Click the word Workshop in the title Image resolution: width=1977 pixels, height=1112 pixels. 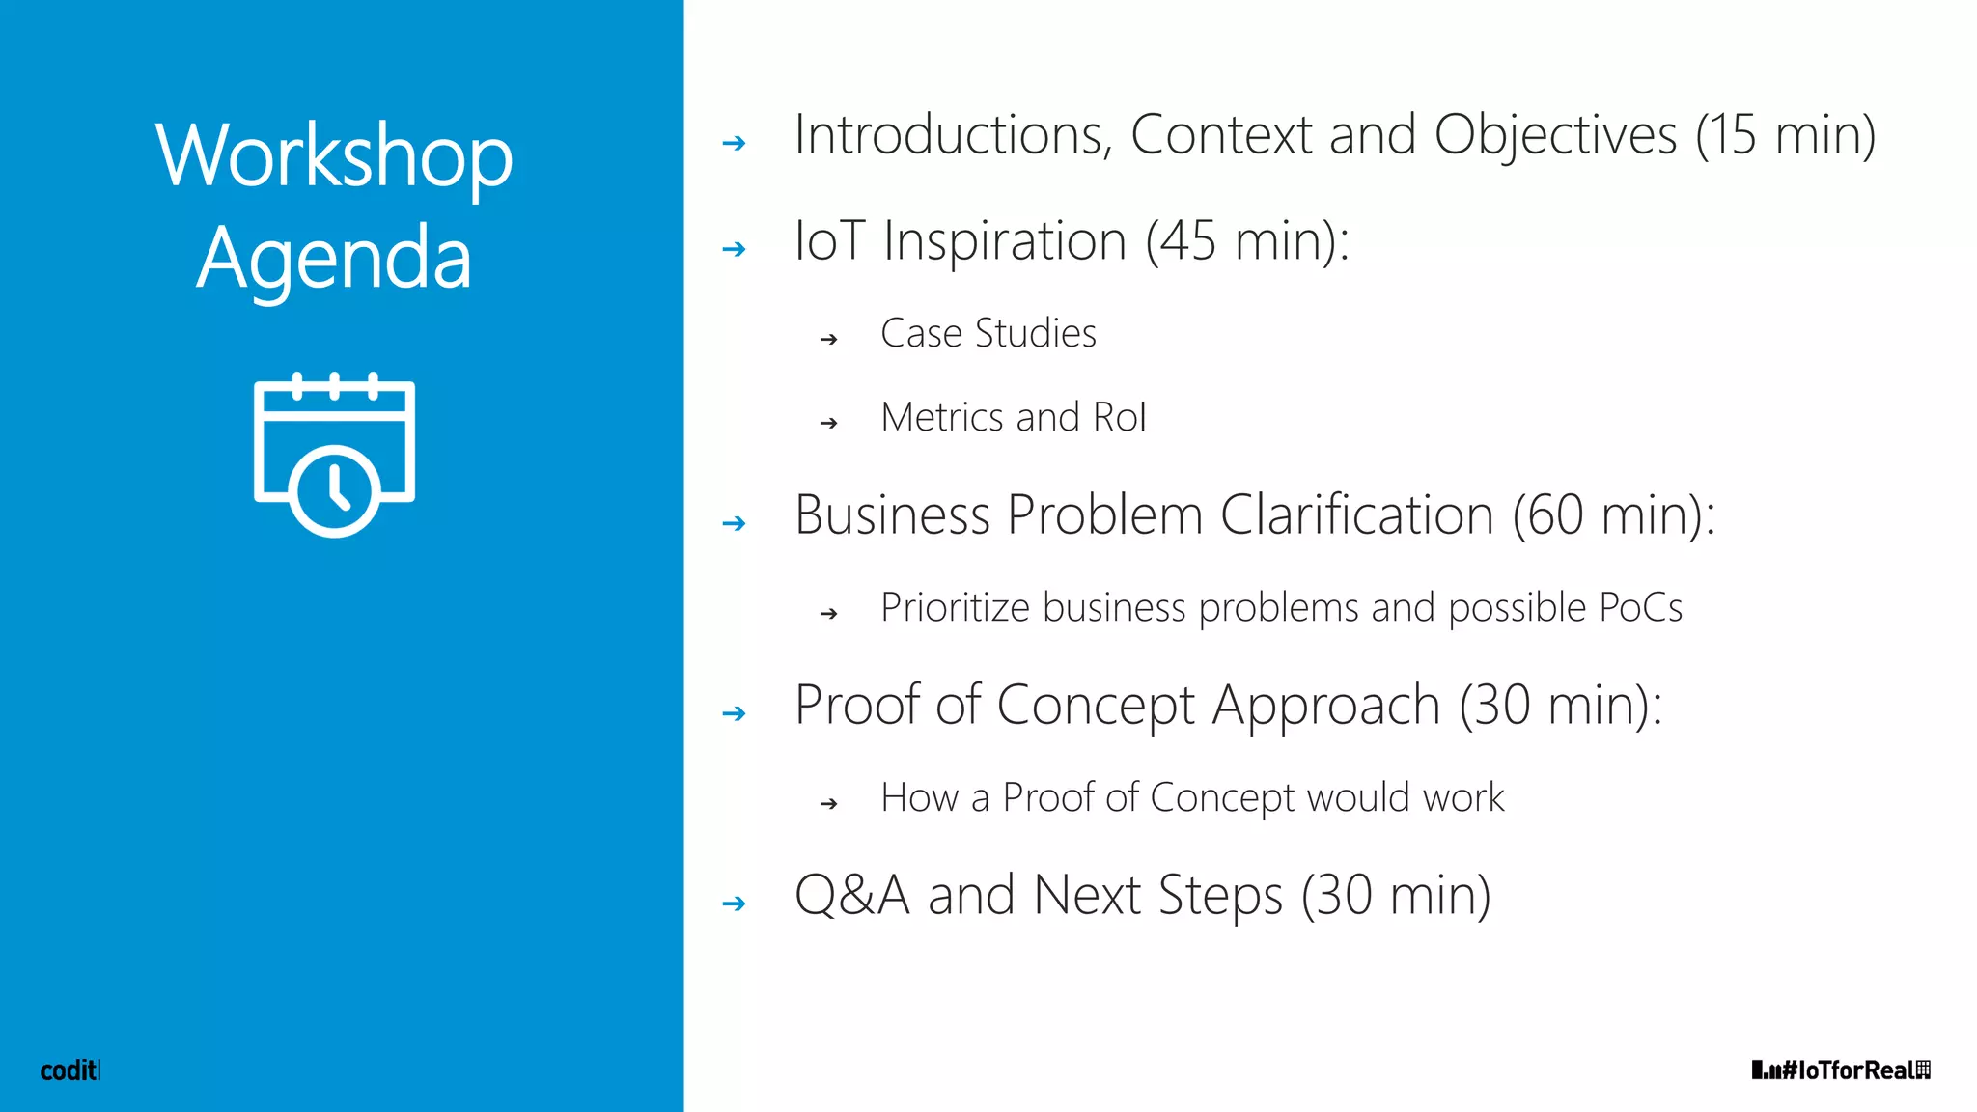[x=334, y=156]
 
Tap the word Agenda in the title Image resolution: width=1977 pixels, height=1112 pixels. [x=334, y=259]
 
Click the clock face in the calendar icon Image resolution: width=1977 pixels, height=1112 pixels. [x=334, y=489]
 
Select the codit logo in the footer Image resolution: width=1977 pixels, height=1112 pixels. [x=69, y=1070]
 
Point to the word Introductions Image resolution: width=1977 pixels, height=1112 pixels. [x=952, y=135]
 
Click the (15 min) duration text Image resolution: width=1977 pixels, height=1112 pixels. [x=1786, y=135]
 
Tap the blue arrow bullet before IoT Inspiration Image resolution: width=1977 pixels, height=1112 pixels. [x=735, y=249]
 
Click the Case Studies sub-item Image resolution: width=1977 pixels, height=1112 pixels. [x=988, y=334]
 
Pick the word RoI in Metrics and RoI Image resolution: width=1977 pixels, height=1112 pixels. [x=1120, y=418]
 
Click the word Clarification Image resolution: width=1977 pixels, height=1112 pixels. [x=1356, y=514]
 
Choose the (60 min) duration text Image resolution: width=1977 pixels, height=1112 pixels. [x=1612, y=514]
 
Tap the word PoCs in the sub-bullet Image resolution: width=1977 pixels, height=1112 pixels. [x=1640, y=608]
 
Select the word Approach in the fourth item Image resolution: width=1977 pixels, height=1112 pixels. [x=1326, y=706]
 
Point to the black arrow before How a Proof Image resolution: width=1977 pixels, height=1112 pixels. [x=828, y=803]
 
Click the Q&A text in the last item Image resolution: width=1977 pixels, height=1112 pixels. [x=851, y=895]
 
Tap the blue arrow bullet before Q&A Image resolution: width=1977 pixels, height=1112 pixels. [x=735, y=903]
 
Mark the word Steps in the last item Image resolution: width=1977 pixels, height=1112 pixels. [x=1220, y=896]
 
